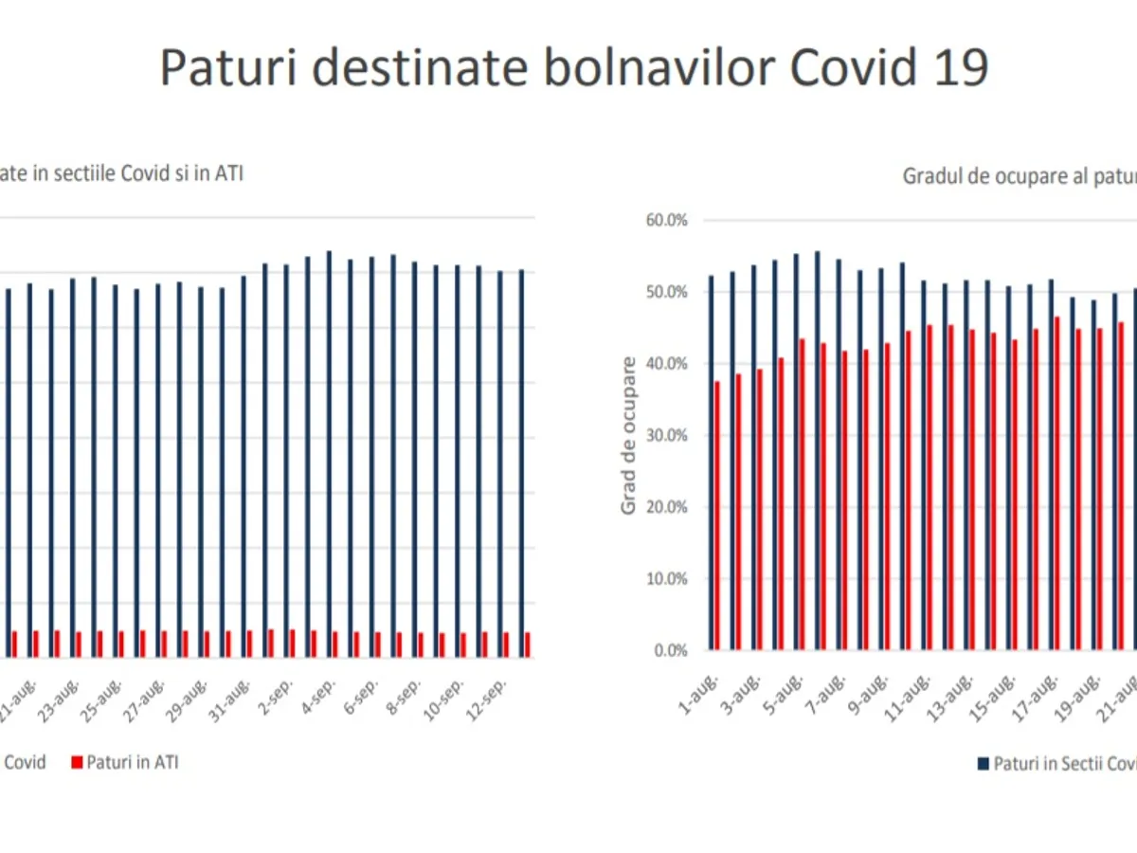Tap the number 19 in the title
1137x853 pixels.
click(955, 67)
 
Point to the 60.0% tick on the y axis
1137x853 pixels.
click(667, 220)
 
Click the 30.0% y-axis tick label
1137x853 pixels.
click(667, 435)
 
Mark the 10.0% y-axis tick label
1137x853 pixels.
click(667, 578)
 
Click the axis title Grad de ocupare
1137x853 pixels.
click(628, 435)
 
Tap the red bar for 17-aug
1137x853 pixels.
click(1057, 483)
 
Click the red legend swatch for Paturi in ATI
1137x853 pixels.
click(76, 762)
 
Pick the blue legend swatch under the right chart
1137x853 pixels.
click(984, 763)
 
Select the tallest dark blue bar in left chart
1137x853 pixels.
click(329, 454)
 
